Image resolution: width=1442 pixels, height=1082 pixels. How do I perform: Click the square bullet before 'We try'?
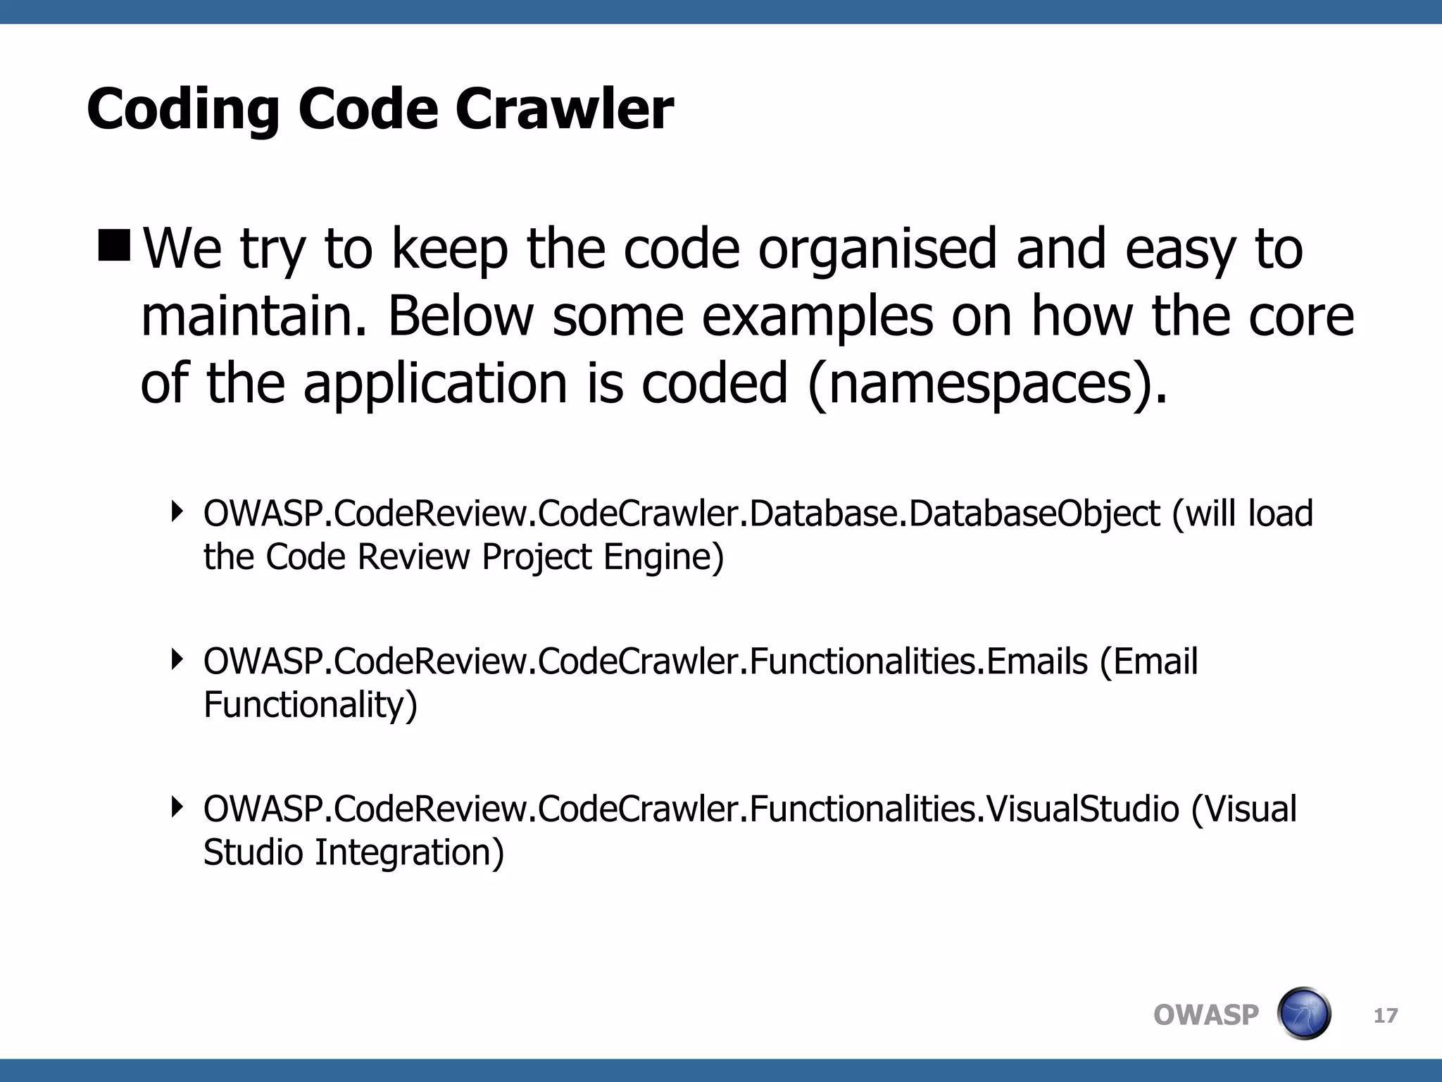coord(115,244)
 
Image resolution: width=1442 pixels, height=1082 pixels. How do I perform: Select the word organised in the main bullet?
coord(877,250)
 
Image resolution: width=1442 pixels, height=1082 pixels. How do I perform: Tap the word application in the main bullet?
coord(435,384)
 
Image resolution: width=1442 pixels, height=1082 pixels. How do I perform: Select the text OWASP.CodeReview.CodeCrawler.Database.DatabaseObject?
coord(682,514)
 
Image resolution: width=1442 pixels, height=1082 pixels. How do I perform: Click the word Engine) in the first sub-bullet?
coord(663,557)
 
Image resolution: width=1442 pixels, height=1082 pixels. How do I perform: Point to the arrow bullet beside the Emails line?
coord(177,659)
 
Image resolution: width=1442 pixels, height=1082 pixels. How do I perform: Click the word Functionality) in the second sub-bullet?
coord(311,704)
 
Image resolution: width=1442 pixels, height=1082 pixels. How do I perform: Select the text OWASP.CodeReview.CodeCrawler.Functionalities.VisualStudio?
coord(691,809)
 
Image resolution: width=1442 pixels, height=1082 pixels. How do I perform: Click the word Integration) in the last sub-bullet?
coord(409,852)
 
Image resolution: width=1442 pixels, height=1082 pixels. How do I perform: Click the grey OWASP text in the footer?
coord(1205,1015)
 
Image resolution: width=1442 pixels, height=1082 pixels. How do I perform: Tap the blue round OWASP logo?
coord(1304,1014)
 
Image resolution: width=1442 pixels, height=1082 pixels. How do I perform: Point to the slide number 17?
coord(1386,1016)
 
